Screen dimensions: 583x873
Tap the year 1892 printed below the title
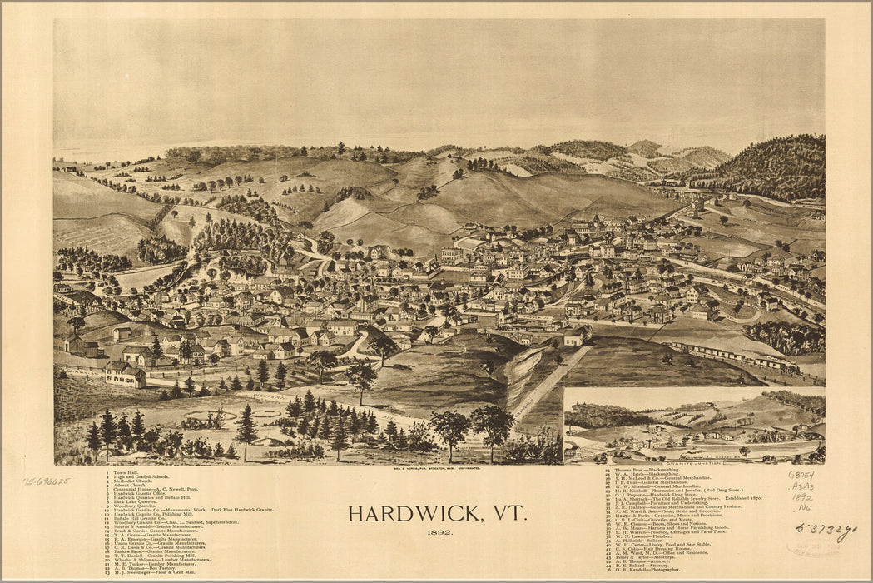click(440, 533)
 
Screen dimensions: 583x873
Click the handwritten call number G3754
click(801, 475)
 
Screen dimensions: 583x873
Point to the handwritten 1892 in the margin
click(802, 497)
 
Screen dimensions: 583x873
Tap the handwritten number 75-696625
click(47, 481)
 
